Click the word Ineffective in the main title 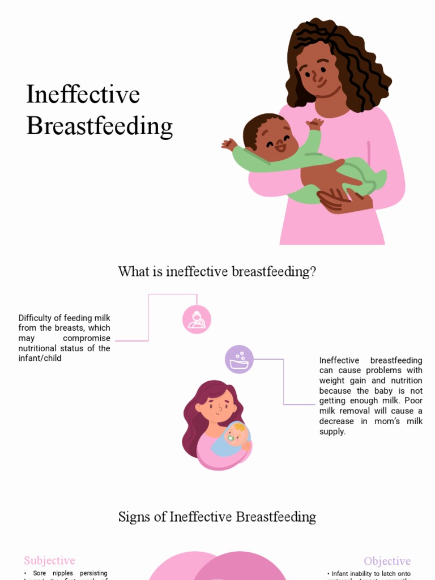pos(83,95)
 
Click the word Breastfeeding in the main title pos(99,126)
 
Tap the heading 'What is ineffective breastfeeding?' pos(217,272)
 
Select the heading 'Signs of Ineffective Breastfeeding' pos(217,517)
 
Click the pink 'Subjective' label pos(49,561)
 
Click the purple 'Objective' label pos(387,561)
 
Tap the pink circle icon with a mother pos(197,319)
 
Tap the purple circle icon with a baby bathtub pos(239,359)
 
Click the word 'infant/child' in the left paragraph pos(40,359)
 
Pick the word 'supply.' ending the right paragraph pos(332,432)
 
